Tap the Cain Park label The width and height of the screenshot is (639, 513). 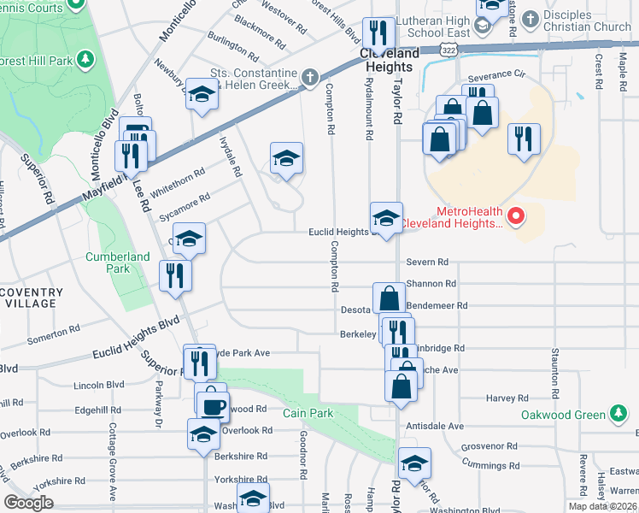click(308, 413)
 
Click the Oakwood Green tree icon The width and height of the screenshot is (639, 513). click(617, 416)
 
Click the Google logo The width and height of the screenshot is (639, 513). click(28, 503)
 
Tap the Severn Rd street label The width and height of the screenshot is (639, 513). click(427, 262)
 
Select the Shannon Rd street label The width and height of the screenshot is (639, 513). click(431, 284)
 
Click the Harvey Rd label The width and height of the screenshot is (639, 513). click(507, 398)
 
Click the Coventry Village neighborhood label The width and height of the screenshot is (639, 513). click(31, 298)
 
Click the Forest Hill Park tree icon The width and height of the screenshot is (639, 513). click(85, 59)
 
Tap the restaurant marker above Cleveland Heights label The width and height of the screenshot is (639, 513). click(377, 33)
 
